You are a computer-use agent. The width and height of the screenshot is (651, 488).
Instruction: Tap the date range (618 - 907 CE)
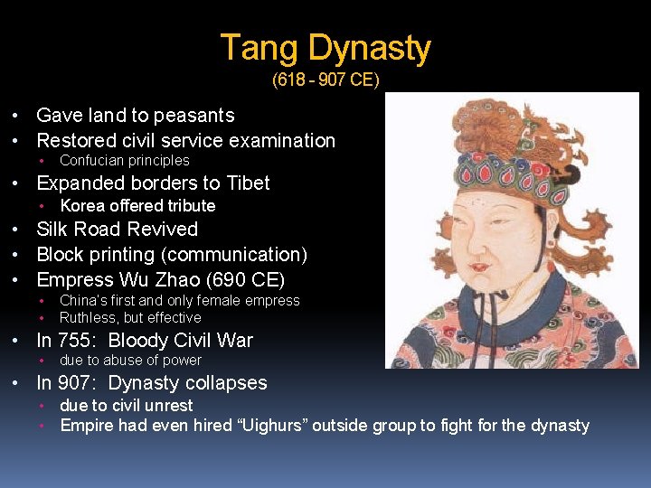[x=325, y=80]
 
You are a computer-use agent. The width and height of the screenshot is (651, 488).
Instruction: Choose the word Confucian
[x=90, y=161]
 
